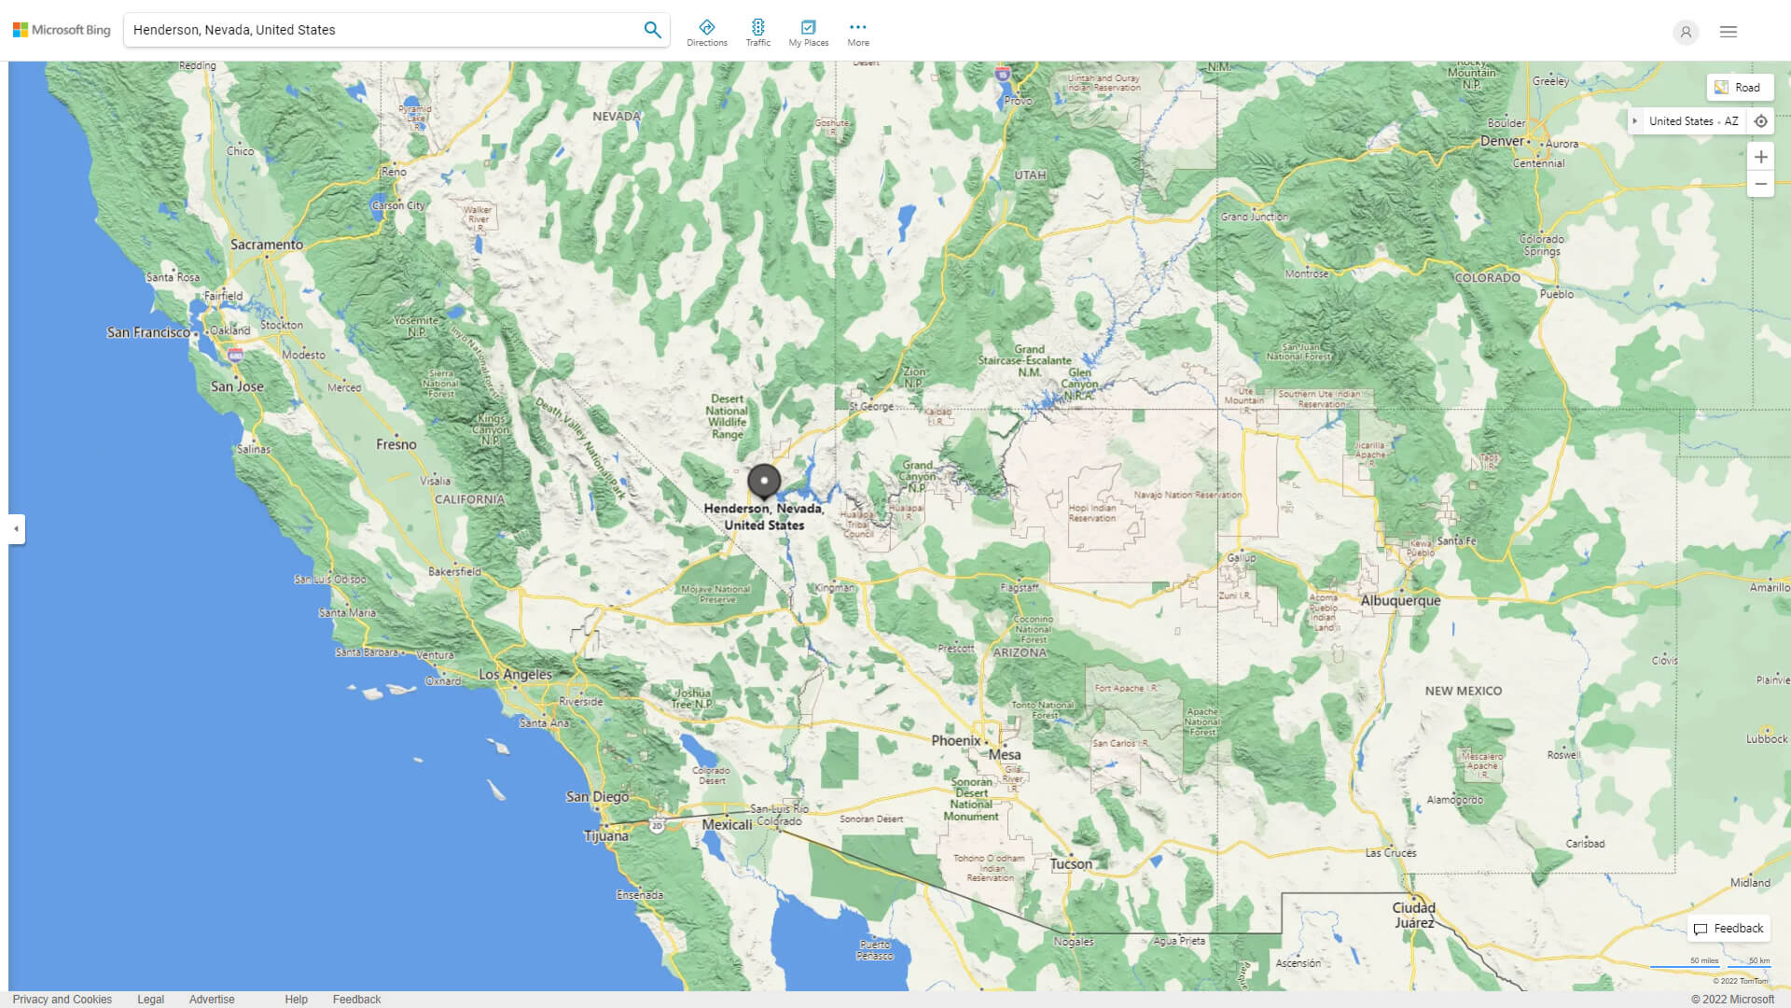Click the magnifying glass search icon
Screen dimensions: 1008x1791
[652, 30]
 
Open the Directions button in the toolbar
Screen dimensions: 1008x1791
[707, 33]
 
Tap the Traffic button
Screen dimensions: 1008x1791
[757, 33]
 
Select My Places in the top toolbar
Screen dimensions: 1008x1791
[808, 33]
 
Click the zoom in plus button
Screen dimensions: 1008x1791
[1760, 157]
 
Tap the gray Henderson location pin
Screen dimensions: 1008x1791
[764, 482]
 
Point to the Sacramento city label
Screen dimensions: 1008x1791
[267, 245]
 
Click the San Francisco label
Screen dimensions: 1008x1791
[148, 332]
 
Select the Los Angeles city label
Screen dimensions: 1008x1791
[515, 674]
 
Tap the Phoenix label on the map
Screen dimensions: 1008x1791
[956, 740]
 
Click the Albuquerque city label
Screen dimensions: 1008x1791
[1400, 600]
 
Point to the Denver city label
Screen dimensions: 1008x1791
[1502, 141]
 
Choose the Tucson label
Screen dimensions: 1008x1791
[1071, 863]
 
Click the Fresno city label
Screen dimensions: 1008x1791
[396, 444]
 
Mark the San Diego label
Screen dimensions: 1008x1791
[597, 796]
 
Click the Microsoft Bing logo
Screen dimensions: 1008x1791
[62, 30]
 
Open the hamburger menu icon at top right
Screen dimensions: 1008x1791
[1728, 32]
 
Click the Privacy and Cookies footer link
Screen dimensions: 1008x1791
[62, 999]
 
